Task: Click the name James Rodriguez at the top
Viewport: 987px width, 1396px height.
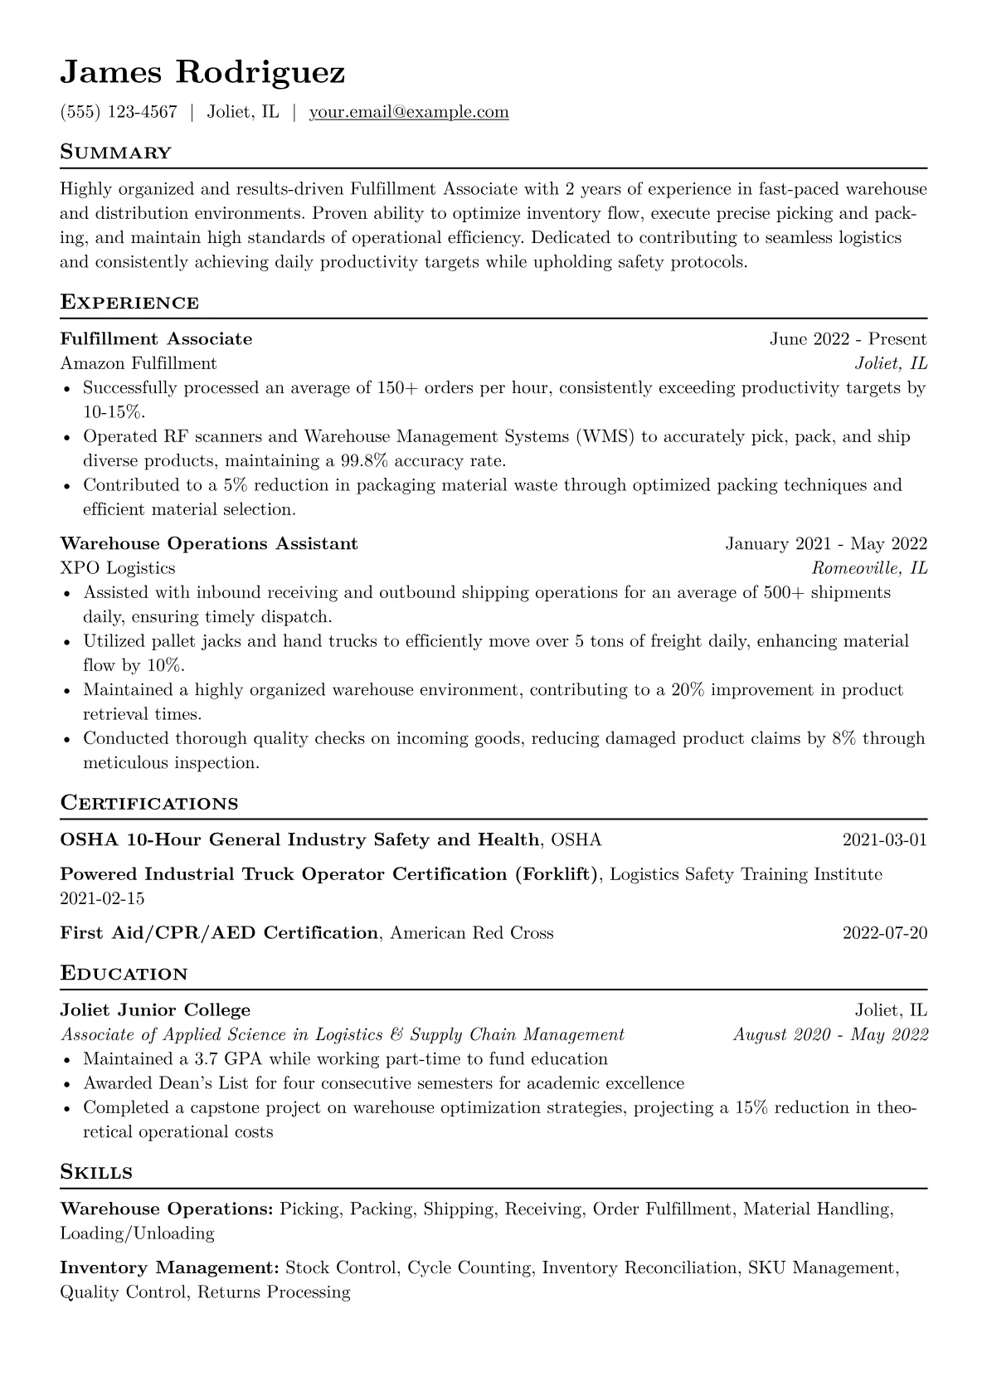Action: pos(202,73)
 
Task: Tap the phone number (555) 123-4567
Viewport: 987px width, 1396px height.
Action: pos(119,112)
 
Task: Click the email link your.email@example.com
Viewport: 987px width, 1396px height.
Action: pos(409,112)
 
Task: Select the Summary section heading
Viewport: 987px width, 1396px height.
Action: pos(115,153)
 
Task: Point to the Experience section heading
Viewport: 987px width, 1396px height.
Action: pos(129,303)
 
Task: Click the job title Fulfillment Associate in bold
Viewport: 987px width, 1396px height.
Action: pos(156,339)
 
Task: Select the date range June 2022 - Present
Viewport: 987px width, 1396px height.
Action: pos(848,339)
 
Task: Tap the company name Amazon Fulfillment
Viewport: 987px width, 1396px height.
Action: pos(139,363)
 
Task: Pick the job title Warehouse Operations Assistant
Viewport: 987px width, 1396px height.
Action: pos(209,544)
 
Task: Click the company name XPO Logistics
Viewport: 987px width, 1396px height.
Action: pos(118,568)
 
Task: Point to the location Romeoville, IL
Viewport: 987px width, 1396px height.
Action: pos(869,568)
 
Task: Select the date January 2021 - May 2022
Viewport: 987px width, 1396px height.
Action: pos(826,544)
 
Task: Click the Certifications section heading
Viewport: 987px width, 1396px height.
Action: pos(149,804)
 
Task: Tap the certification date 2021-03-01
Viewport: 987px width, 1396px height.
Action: pos(884,840)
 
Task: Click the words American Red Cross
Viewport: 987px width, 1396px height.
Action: pos(471,933)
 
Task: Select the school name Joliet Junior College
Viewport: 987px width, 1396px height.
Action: pos(155,1010)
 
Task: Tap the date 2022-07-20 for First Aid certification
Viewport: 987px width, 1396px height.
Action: pos(884,933)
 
